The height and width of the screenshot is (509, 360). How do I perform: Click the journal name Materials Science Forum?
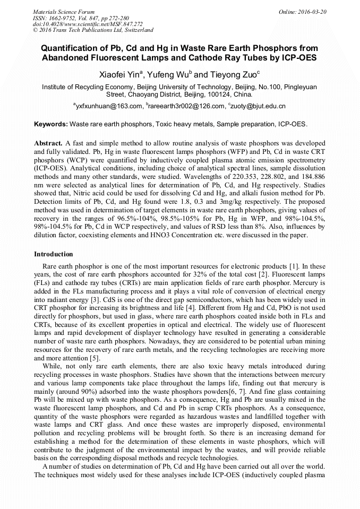(x=64, y=12)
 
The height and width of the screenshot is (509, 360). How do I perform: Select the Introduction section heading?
(x=53, y=254)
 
